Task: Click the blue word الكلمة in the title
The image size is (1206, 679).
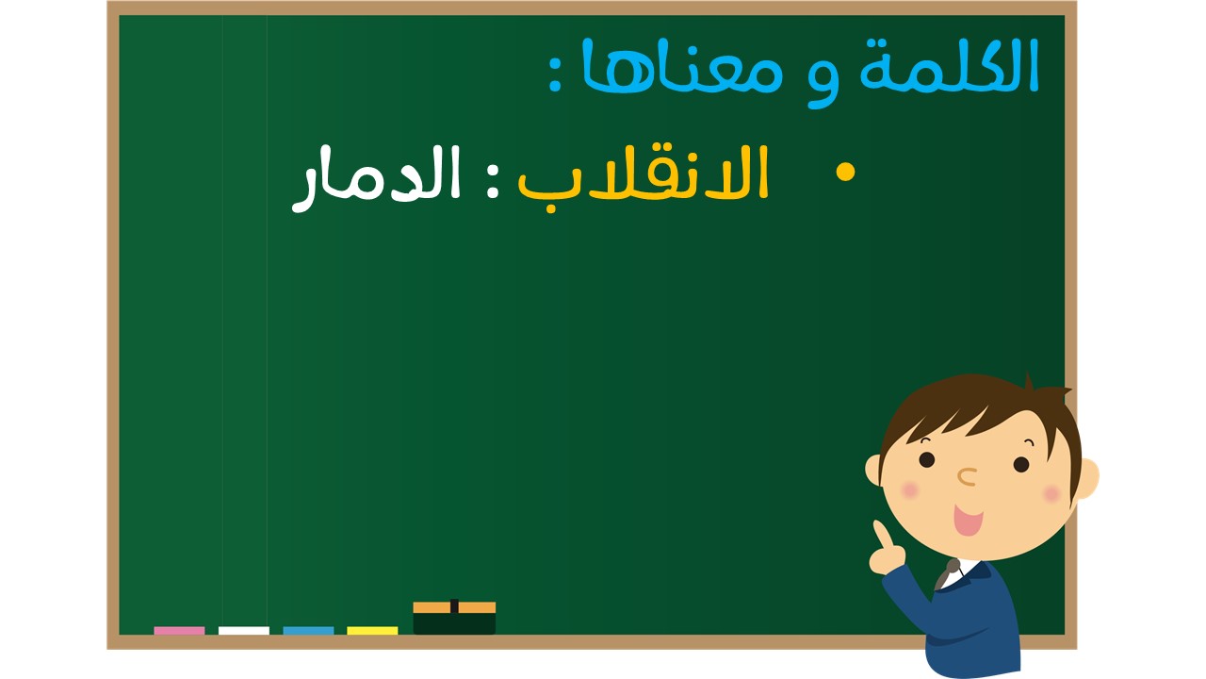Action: click(949, 66)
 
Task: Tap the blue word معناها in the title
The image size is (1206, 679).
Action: click(681, 65)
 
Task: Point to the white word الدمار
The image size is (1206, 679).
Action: click(376, 178)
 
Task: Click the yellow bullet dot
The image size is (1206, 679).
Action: click(845, 173)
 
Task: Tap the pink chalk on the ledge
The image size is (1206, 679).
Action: click(179, 631)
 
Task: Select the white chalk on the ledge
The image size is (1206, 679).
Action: click(244, 631)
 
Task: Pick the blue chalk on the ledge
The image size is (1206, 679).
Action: click(308, 631)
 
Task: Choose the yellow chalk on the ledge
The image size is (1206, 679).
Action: click(372, 631)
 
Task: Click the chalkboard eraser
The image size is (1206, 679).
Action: click(454, 618)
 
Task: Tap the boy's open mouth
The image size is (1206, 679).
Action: click(968, 520)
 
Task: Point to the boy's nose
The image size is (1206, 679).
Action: click(968, 476)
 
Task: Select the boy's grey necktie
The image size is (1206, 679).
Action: click(947, 574)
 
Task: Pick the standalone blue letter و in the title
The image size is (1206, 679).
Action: click(823, 81)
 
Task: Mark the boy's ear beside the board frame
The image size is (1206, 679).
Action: click(1087, 478)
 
